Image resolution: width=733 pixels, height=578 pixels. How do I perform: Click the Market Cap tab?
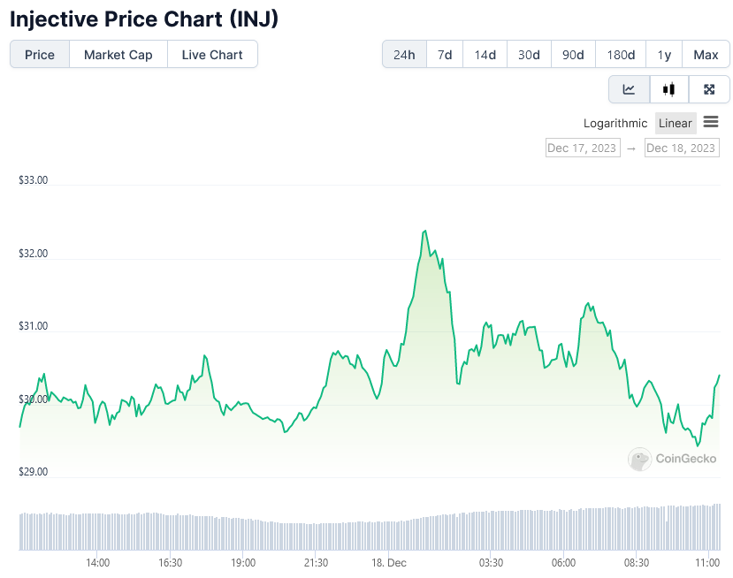click(x=118, y=55)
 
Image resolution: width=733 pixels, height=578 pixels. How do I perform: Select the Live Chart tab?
click(x=212, y=55)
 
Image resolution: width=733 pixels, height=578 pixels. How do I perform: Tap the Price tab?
click(x=40, y=55)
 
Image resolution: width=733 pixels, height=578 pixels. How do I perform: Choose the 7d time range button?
click(x=445, y=55)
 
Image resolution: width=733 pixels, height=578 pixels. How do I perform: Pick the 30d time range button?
click(x=529, y=55)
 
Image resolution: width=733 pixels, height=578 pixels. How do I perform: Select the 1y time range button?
click(x=664, y=55)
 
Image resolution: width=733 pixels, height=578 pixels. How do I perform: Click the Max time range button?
click(x=706, y=55)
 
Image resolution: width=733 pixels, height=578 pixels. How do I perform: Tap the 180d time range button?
click(x=621, y=55)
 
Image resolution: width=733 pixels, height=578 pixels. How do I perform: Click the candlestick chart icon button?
click(x=669, y=89)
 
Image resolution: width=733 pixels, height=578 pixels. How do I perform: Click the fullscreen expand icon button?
click(x=709, y=89)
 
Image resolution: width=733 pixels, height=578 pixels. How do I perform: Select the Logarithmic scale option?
click(x=615, y=123)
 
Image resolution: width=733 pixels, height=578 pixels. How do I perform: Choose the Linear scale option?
click(x=676, y=123)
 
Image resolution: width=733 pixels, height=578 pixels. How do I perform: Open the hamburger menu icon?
click(x=711, y=122)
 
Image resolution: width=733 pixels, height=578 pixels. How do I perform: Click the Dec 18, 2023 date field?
click(x=681, y=148)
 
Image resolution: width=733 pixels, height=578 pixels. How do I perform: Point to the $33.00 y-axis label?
click(x=33, y=180)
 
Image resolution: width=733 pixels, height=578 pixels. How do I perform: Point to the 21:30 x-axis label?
click(x=316, y=563)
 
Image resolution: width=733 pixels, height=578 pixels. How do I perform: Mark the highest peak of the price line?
click(x=426, y=231)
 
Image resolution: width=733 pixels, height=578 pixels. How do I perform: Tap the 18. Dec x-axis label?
click(x=389, y=563)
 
